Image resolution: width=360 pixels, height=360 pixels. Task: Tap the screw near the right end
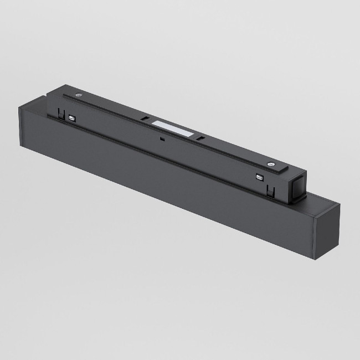[271, 163]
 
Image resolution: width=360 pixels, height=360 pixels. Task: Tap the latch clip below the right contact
[270, 191]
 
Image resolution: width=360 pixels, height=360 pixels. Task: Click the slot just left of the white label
[143, 119]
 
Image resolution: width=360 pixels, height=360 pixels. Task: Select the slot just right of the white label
[203, 139]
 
